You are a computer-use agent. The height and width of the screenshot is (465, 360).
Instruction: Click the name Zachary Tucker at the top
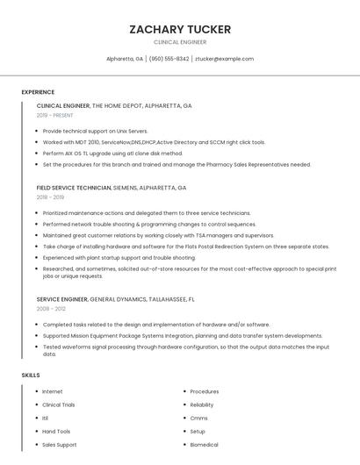coord(180,29)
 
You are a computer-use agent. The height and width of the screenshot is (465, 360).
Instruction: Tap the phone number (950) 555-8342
coord(169,59)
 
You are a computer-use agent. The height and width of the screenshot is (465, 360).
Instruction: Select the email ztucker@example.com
coord(224,59)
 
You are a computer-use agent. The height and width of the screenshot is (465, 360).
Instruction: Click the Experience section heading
coord(38,92)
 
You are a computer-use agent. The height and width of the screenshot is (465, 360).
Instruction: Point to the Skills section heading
coord(30,376)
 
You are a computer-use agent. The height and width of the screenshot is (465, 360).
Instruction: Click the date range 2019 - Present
coord(55,115)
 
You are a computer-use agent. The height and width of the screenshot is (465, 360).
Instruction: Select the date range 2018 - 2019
coord(50,197)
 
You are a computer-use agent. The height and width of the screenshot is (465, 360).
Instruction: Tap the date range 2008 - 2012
coord(50,309)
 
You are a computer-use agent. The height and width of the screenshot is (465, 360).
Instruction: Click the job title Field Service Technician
coord(74,188)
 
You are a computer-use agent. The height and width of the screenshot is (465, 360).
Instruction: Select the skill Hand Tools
coord(56,431)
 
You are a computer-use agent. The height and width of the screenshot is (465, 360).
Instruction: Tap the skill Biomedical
coord(205,444)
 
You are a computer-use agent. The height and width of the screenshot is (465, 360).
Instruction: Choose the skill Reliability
coord(202,404)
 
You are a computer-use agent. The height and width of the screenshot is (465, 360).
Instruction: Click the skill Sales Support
coord(60,444)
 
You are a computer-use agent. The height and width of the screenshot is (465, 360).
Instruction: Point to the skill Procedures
coord(204,391)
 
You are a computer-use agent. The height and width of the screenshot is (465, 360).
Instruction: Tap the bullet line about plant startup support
coord(119,258)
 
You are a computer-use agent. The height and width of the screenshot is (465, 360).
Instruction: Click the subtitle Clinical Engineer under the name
coord(180,42)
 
